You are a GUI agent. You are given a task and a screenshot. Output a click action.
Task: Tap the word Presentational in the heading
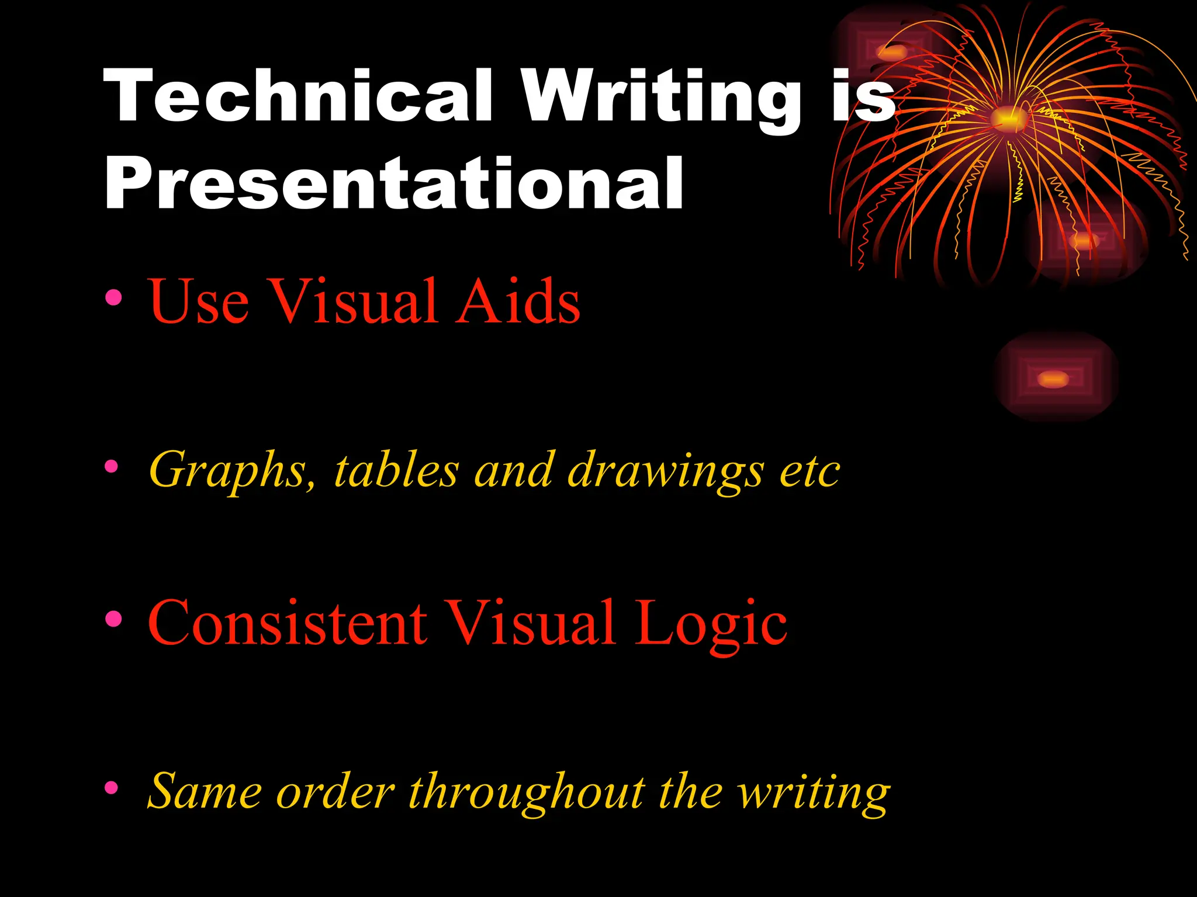[x=393, y=183]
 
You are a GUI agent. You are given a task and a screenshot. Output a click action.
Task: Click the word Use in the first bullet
[x=199, y=301]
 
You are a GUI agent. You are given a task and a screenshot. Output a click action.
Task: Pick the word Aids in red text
[x=517, y=300]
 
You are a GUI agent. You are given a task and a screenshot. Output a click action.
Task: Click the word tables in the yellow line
[x=396, y=470]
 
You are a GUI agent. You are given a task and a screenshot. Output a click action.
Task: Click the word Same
[x=205, y=792]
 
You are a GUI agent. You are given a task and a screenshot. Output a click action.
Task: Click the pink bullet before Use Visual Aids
[x=113, y=298]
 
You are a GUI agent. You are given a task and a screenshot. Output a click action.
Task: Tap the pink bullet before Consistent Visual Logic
[x=113, y=619]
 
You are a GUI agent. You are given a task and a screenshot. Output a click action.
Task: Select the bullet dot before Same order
[x=111, y=789]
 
